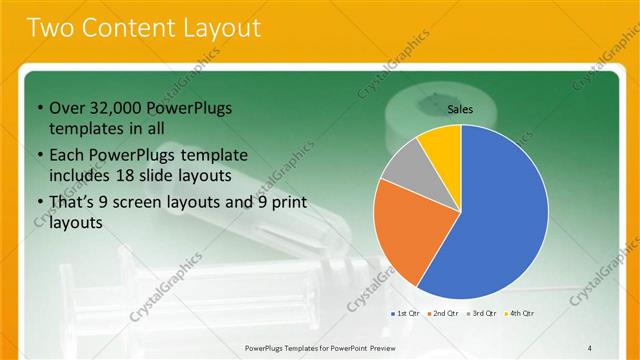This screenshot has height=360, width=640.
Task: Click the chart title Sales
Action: coord(460,110)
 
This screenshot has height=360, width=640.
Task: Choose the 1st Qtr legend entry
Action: coord(404,313)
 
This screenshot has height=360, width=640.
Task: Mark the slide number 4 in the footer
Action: coord(590,347)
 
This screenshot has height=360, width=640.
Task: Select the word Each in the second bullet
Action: coord(67,156)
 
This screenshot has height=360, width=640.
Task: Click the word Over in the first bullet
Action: coord(68,108)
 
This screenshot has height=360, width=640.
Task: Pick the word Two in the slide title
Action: coord(47,28)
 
